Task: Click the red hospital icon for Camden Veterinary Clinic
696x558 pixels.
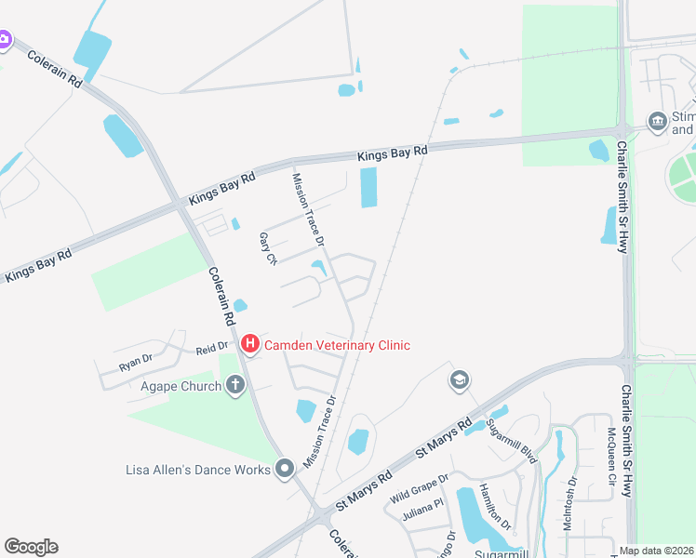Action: click(x=249, y=345)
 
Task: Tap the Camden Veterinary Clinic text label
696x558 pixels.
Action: click(x=337, y=345)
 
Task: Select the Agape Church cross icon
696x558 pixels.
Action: click(x=235, y=385)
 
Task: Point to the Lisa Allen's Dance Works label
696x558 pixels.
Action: click(x=197, y=470)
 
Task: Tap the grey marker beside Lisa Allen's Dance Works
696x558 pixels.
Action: click(x=285, y=469)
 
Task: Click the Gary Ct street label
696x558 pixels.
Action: click(x=268, y=248)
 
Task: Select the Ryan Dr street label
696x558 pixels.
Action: click(x=134, y=362)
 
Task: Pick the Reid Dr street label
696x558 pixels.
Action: click(x=205, y=350)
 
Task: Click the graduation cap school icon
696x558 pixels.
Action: click(x=458, y=379)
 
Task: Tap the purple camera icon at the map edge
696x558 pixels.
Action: click(x=4, y=39)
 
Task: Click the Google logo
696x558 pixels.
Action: click(x=31, y=547)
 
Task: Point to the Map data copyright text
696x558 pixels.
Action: click(x=656, y=551)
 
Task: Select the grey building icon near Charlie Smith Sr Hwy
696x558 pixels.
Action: click(x=657, y=121)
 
